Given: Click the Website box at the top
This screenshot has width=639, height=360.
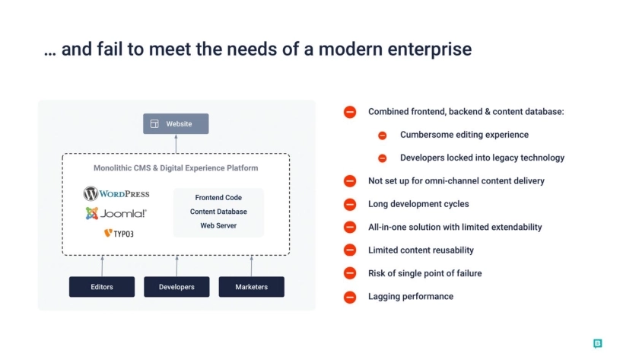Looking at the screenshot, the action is [176, 123].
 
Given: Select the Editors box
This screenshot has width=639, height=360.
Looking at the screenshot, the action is [102, 287].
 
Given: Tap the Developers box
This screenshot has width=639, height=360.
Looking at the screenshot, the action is [176, 287].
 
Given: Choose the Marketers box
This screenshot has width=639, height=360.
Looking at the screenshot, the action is [252, 287].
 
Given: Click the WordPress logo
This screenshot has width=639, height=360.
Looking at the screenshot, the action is [116, 193].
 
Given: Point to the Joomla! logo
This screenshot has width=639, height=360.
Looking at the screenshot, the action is [116, 213].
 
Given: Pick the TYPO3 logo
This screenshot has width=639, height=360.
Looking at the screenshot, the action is [119, 233].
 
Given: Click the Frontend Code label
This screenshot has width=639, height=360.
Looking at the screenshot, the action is [218, 197].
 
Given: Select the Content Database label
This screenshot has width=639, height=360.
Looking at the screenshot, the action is [218, 212].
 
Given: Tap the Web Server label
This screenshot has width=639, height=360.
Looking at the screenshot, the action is [218, 225].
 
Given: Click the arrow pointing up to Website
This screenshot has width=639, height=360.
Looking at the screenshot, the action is [176, 144].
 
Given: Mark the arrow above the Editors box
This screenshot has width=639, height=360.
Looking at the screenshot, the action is [102, 266].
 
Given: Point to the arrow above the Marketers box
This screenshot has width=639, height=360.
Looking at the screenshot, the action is [252, 266].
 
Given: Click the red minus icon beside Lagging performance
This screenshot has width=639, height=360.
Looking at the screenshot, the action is [350, 298].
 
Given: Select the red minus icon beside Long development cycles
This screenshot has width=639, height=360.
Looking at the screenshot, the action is [350, 204].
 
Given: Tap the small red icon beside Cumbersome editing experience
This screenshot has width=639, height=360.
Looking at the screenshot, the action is [382, 135].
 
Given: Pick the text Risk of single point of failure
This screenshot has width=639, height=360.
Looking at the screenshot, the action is [425, 273].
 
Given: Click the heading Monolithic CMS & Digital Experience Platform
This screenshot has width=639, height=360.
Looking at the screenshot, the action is [176, 168].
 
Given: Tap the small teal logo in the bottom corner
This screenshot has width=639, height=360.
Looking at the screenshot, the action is [597, 343].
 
